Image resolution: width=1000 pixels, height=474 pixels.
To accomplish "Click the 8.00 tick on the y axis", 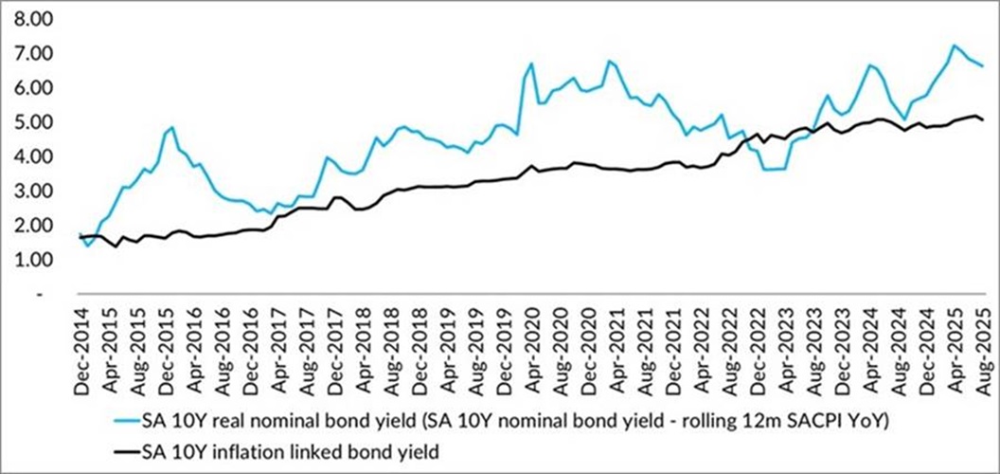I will click(31, 19).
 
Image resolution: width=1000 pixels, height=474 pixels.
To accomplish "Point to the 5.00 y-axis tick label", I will click(31, 122).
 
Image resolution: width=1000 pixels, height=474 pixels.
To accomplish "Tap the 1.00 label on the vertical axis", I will click(31, 260).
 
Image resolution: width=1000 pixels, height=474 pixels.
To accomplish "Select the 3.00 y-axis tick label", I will click(31, 191).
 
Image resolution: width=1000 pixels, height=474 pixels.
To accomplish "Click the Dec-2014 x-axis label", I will click(83, 342).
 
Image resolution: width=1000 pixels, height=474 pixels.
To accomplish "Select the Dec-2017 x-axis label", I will click(337, 342).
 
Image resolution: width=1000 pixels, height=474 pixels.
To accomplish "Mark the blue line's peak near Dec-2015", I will click(171, 127).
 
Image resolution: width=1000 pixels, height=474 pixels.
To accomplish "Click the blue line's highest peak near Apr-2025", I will click(955, 45).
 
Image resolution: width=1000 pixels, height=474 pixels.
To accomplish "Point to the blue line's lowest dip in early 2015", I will click(88, 246).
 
